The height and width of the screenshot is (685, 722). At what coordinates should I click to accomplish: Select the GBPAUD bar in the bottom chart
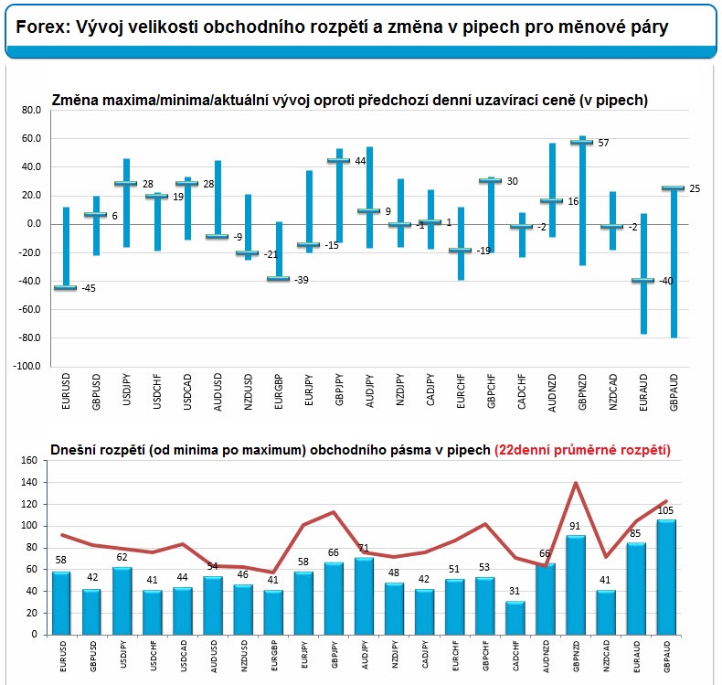666,577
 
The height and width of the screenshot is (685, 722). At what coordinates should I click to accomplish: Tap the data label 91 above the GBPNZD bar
575,526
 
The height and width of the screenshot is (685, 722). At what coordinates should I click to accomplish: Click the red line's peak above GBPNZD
576,483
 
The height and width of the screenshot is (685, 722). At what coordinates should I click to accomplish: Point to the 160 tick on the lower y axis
29,460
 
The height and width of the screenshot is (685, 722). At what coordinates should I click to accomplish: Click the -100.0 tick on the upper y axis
27,366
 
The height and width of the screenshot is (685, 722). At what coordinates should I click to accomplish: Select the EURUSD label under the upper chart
66,391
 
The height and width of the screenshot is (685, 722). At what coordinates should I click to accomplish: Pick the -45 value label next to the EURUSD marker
89,288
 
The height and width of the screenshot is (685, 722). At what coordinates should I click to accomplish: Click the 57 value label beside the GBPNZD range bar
603,143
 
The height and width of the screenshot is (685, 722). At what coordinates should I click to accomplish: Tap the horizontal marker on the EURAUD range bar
642,280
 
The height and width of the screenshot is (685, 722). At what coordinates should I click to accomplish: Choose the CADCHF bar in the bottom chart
515,617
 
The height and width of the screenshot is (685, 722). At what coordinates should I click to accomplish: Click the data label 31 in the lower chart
515,591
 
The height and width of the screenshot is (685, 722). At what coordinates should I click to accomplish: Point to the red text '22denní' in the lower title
526,450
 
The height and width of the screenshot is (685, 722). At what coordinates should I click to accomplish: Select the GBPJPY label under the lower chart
334,655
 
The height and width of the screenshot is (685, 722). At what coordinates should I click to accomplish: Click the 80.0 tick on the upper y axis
31,110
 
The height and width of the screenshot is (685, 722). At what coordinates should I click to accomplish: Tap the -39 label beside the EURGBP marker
302,280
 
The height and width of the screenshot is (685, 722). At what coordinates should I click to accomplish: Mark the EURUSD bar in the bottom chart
61,603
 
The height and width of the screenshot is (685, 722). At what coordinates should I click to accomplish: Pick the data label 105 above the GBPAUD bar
665,510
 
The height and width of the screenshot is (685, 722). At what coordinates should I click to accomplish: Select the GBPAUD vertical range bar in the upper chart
674,262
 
